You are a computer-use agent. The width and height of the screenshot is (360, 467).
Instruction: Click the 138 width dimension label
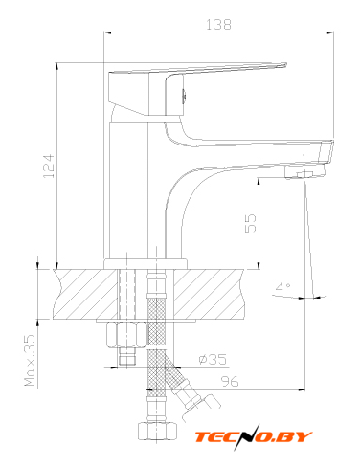coord(218,25)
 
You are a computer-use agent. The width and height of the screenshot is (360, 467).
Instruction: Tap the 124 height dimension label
coord(49,166)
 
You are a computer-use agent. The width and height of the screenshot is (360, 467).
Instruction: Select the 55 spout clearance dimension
coord(251,223)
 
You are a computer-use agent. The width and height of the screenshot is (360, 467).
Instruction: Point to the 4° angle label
coord(282,288)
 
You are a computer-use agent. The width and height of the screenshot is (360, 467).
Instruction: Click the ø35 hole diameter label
coord(213,359)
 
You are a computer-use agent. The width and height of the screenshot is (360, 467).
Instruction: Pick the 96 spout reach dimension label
coord(230,381)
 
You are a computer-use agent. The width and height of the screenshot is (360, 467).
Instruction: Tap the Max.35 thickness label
coord(30,360)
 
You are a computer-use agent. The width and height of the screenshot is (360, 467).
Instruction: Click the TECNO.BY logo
coord(254,437)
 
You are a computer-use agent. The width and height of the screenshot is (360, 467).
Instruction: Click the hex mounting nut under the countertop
coord(126,335)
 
